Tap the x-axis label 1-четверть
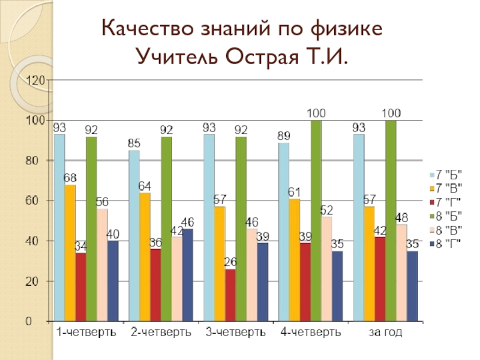tap(86, 331)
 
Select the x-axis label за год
tap(386, 331)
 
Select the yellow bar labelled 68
tap(70, 252)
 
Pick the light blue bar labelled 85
tap(134, 234)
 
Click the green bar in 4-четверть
tap(316, 220)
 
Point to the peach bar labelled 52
tap(326, 268)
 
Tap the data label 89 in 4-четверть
tap(283, 136)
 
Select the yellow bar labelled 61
tap(295, 259)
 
